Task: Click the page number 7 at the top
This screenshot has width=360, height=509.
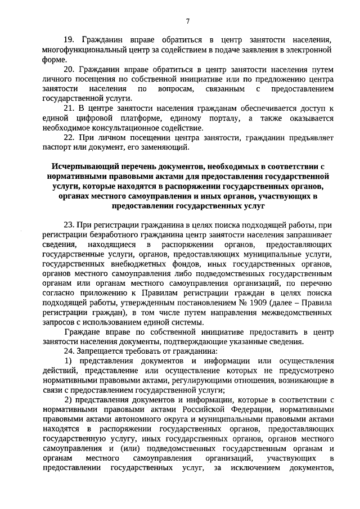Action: tap(188, 21)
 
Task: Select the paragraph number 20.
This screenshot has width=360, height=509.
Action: tap(69, 70)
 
